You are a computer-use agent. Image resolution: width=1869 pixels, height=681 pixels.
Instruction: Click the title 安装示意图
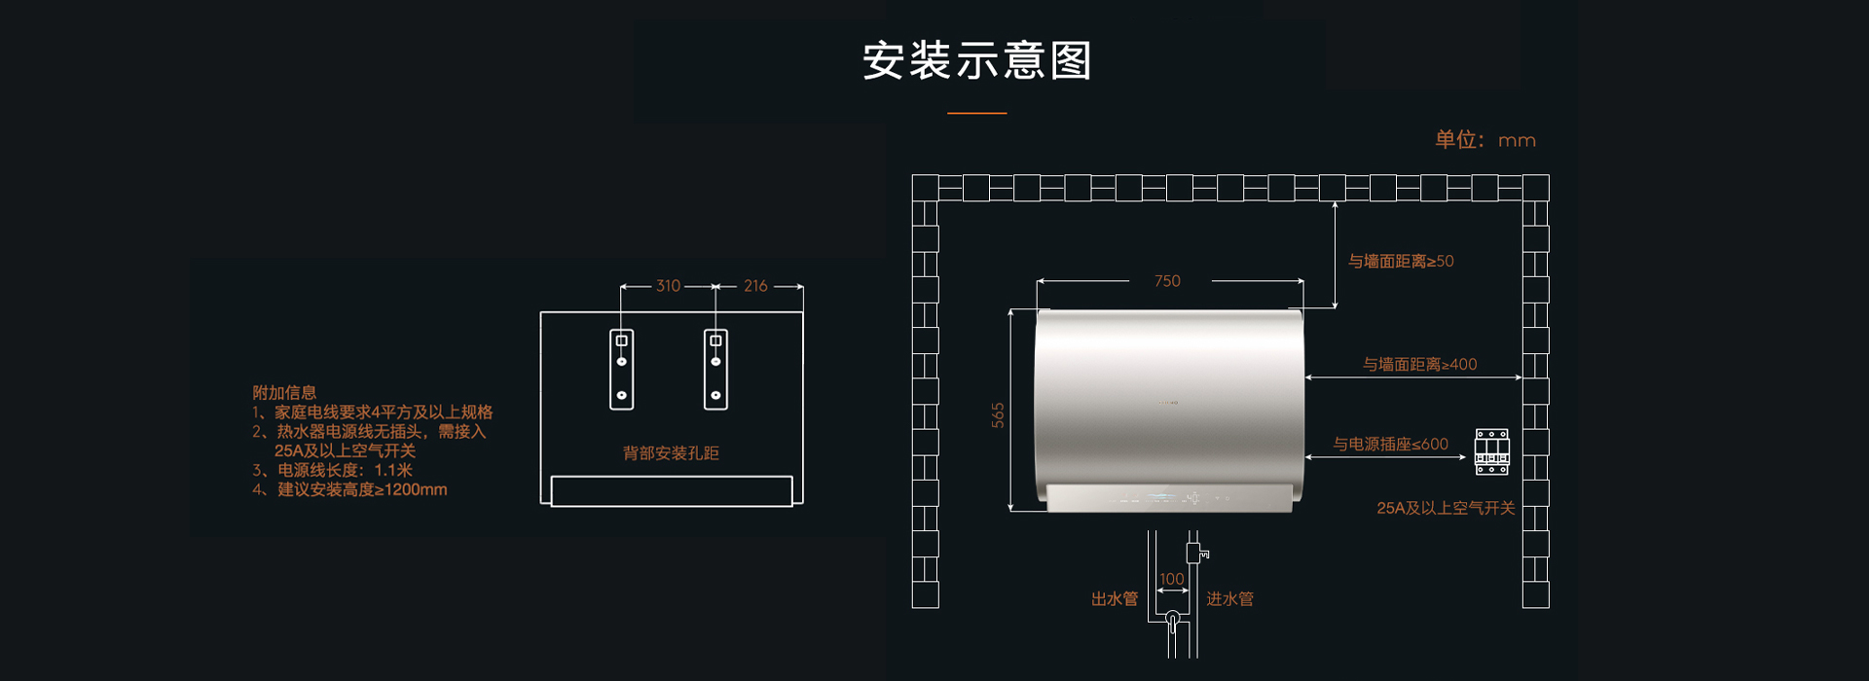tap(976, 60)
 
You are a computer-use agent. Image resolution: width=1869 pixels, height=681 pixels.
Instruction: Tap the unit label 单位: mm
tap(1485, 140)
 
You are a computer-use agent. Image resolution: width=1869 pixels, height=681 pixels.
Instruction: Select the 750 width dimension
tap(1167, 281)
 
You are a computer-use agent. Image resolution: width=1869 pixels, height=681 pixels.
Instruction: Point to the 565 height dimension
tap(998, 415)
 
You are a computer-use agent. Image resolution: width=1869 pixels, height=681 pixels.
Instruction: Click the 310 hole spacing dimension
tap(668, 286)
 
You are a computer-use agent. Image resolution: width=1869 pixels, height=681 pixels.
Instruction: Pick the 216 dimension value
tap(755, 286)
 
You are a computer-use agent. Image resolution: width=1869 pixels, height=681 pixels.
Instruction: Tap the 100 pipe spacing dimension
tap(1172, 579)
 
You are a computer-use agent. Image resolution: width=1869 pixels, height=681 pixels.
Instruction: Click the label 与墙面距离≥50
tap(1401, 261)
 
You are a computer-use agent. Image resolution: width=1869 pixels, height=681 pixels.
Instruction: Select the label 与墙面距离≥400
tap(1419, 365)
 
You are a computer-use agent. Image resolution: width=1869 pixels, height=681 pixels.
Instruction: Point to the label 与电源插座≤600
tap(1390, 445)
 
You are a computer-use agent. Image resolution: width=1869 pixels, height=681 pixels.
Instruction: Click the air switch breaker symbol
tap(1491, 452)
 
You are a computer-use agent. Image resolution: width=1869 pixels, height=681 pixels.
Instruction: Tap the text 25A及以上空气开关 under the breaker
tap(1446, 508)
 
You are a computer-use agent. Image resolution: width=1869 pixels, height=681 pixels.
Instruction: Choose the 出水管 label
tap(1115, 599)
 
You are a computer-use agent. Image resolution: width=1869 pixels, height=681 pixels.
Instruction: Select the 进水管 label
tap(1229, 599)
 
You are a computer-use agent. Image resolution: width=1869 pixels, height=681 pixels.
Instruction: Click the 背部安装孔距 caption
tap(671, 453)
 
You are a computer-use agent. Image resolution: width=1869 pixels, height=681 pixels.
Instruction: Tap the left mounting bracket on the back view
tap(622, 370)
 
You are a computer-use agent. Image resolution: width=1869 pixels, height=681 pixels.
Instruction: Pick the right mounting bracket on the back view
tap(715, 370)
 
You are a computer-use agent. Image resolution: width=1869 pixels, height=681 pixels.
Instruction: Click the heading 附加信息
tap(284, 393)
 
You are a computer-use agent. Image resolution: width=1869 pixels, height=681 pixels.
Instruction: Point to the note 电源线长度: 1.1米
tap(333, 470)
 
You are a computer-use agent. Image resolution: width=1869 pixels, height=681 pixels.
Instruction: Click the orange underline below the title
tap(977, 113)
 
